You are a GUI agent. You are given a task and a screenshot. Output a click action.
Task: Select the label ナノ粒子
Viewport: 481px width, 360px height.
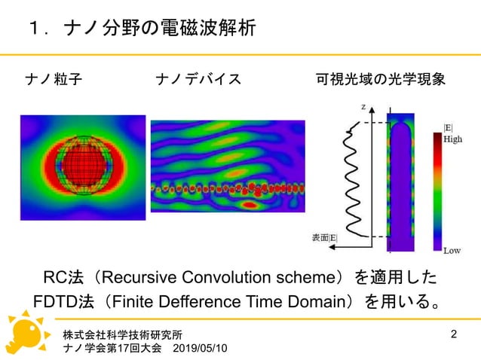54,79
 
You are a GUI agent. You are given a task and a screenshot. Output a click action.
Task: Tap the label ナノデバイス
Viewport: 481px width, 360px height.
198,79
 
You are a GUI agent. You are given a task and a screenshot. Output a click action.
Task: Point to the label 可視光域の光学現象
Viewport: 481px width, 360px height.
380,79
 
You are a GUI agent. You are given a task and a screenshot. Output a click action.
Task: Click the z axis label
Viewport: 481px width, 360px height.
363,108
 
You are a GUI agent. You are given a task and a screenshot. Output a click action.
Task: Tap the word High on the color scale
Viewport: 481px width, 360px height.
452,139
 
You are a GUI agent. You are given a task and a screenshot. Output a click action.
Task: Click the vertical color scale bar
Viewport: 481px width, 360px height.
437,191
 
